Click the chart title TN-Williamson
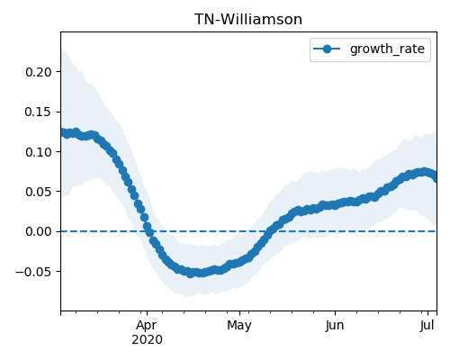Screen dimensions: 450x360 pos(248,20)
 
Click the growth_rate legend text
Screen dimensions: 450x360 pos(387,49)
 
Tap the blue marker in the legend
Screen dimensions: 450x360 pos(327,49)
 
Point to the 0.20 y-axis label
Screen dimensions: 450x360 pos(39,72)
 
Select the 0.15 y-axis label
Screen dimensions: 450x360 pos(39,112)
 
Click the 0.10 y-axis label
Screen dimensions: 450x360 pos(39,152)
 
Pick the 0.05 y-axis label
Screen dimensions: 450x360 pos(39,192)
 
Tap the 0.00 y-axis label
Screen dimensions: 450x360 pos(39,231)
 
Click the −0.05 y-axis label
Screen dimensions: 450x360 pos(33,272)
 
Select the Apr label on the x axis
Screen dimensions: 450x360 pos(147,326)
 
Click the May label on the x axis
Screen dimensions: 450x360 pos(239,326)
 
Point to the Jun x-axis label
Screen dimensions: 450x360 pos(335,326)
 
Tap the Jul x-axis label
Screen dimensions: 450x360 pos(427,326)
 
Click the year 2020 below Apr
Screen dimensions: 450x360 pos(147,339)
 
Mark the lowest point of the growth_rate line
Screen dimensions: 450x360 pos(190,274)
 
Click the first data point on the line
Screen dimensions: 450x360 pos(62,132)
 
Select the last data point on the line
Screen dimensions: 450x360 pos(435,178)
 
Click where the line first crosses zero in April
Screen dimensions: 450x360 pos(149,231)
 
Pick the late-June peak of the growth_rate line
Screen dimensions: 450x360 pos(424,172)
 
